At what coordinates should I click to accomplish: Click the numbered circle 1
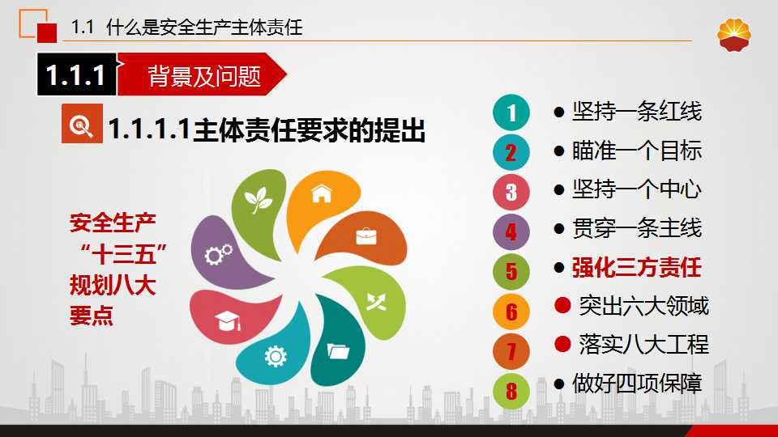click(511, 112)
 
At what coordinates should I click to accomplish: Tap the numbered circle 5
click(511, 271)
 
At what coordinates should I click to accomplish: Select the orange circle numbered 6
click(511, 311)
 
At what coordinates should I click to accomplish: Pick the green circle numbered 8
click(511, 391)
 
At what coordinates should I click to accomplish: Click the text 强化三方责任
click(637, 268)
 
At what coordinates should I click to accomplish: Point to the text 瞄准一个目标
click(637, 151)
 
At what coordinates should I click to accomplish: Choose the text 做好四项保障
click(637, 383)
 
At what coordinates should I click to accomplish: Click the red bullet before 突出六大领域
click(562, 305)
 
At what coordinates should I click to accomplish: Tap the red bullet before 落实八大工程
click(562, 344)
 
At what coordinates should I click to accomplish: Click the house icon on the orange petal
click(322, 193)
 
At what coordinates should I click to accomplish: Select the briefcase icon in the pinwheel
click(366, 236)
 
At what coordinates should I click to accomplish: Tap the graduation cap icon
click(228, 321)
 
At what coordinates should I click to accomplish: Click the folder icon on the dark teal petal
click(339, 350)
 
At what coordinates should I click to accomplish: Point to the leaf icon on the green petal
click(258, 200)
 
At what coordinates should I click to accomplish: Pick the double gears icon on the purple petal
click(219, 254)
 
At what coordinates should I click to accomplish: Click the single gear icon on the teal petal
click(276, 356)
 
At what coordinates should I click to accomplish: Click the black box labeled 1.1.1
click(77, 74)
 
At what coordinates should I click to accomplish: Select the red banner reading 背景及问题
click(201, 74)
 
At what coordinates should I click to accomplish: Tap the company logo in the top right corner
click(734, 35)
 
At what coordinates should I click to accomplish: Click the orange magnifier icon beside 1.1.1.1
click(82, 123)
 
